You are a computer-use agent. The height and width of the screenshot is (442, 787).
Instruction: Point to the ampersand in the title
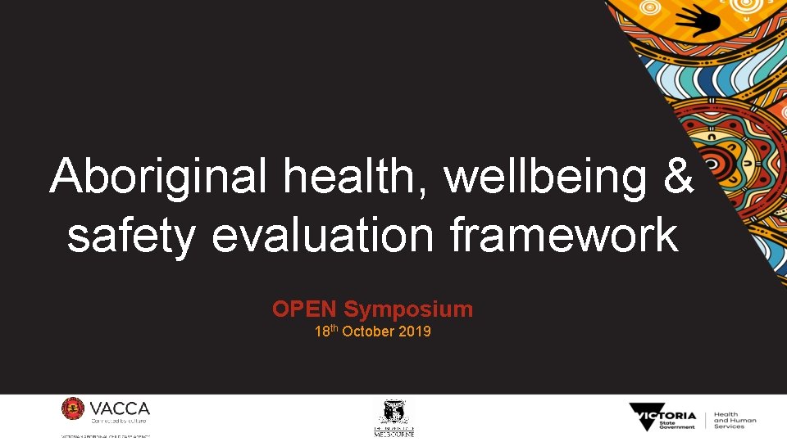point(677,177)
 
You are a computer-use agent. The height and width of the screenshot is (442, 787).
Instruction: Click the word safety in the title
point(130,236)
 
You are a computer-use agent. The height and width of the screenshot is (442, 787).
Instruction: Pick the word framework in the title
point(564,236)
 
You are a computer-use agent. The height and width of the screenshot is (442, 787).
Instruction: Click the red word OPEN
point(305,309)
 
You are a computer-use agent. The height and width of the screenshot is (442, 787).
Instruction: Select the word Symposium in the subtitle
point(408,309)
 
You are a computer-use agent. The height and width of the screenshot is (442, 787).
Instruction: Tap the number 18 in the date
point(322,332)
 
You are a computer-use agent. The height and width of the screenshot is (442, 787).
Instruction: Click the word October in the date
point(367,332)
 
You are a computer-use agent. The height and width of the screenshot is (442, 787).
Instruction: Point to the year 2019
point(415,332)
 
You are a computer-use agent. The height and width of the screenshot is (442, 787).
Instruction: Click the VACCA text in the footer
point(120,408)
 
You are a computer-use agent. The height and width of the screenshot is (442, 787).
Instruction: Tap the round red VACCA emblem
point(73,409)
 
